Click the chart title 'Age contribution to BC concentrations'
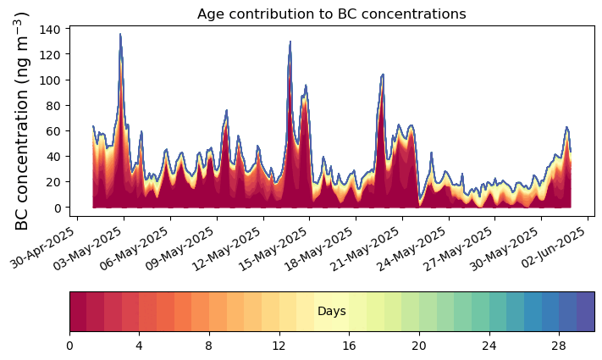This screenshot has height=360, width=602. click(x=332, y=14)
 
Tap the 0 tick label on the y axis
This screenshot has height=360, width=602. click(x=57, y=208)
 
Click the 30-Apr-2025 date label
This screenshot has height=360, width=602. click(x=43, y=248)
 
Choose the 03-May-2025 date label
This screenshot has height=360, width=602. click(x=89, y=248)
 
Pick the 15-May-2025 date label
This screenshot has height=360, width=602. click(x=275, y=248)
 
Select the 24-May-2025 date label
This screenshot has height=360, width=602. click(x=414, y=248)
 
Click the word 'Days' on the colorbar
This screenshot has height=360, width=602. click(x=332, y=311)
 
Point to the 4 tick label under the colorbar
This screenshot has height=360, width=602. click(x=139, y=346)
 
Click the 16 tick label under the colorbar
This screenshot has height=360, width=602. click(x=349, y=346)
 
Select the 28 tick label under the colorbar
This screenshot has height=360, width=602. click(x=559, y=346)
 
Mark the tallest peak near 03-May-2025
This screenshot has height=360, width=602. click(x=120, y=34)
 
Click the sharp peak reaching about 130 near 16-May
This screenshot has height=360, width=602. click(x=290, y=42)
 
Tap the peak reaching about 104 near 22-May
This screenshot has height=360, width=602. click(x=383, y=75)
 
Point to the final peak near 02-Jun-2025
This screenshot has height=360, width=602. click(x=566, y=127)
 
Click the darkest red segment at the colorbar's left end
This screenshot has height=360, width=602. click(x=78, y=311)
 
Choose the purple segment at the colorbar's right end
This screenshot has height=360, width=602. click(x=586, y=311)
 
